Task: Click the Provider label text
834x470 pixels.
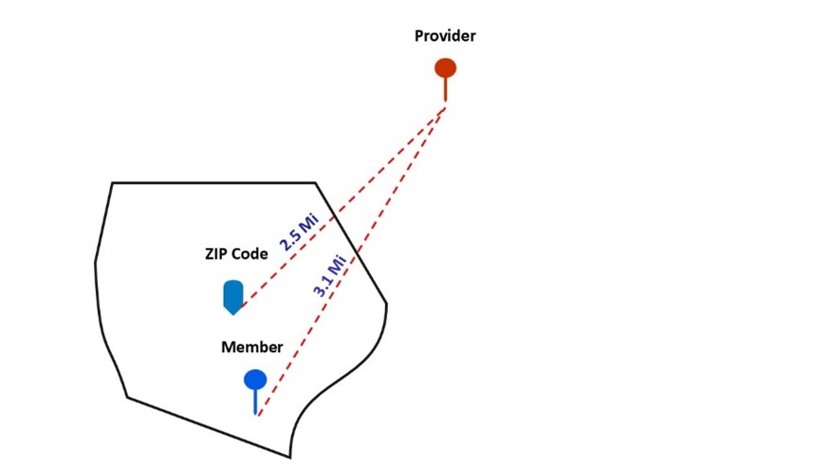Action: [x=445, y=36]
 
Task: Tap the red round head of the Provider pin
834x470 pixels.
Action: [x=445, y=68]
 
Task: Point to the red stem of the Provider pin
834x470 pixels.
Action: [x=445, y=89]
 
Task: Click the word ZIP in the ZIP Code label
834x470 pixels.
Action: [x=218, y=254]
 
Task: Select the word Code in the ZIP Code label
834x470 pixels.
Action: [x=250, y=254]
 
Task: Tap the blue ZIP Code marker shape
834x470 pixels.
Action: [x=232, y=295]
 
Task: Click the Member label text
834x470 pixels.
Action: [x=251, y=347]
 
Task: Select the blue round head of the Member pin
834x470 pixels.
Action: [x=255, y=381]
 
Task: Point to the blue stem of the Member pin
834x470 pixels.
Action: [x=255, y=403]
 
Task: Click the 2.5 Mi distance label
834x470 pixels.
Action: [x=298, y=232]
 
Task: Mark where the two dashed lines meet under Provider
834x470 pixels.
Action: [x=446, y=106]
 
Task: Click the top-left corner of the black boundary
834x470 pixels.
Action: [x=112, y=182]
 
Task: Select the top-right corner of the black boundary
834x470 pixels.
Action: [x=315, y=182]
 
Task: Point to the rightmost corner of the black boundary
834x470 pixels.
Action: [x=387, y=304]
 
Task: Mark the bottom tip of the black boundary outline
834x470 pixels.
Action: [x=289, y=457]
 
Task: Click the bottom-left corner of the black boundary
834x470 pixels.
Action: [x=127, y=397]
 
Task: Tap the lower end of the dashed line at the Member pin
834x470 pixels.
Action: [x=258, y=415]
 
